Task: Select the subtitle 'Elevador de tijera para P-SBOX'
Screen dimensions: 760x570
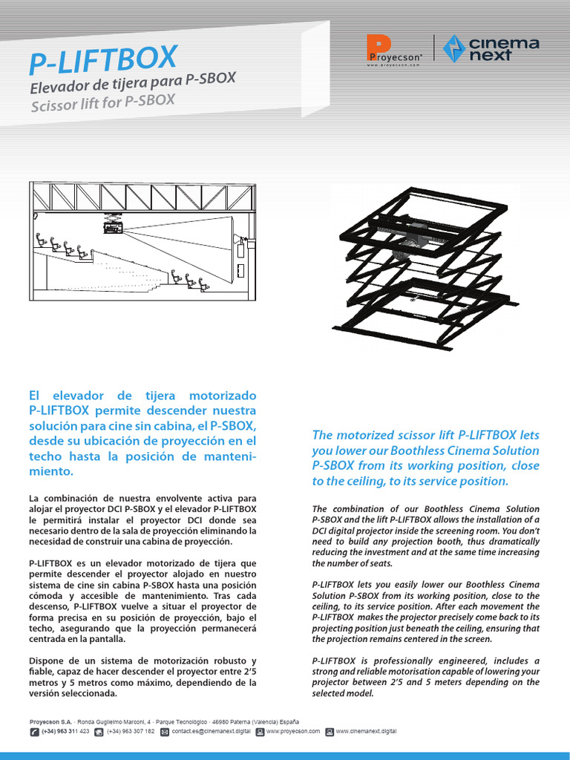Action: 132,85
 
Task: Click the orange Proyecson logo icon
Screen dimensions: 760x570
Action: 379,47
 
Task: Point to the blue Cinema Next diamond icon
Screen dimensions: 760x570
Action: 453,48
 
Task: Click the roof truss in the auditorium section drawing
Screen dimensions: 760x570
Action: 141,197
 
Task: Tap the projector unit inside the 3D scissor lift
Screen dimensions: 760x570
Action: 412,237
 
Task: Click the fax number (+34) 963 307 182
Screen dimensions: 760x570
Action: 131,731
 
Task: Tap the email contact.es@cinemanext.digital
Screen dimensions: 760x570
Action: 211,731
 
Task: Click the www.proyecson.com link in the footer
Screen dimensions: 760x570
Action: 292,731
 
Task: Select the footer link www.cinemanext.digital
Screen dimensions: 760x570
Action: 366,731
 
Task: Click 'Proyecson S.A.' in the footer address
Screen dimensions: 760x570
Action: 50,721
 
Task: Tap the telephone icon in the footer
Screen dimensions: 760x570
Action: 35,732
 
